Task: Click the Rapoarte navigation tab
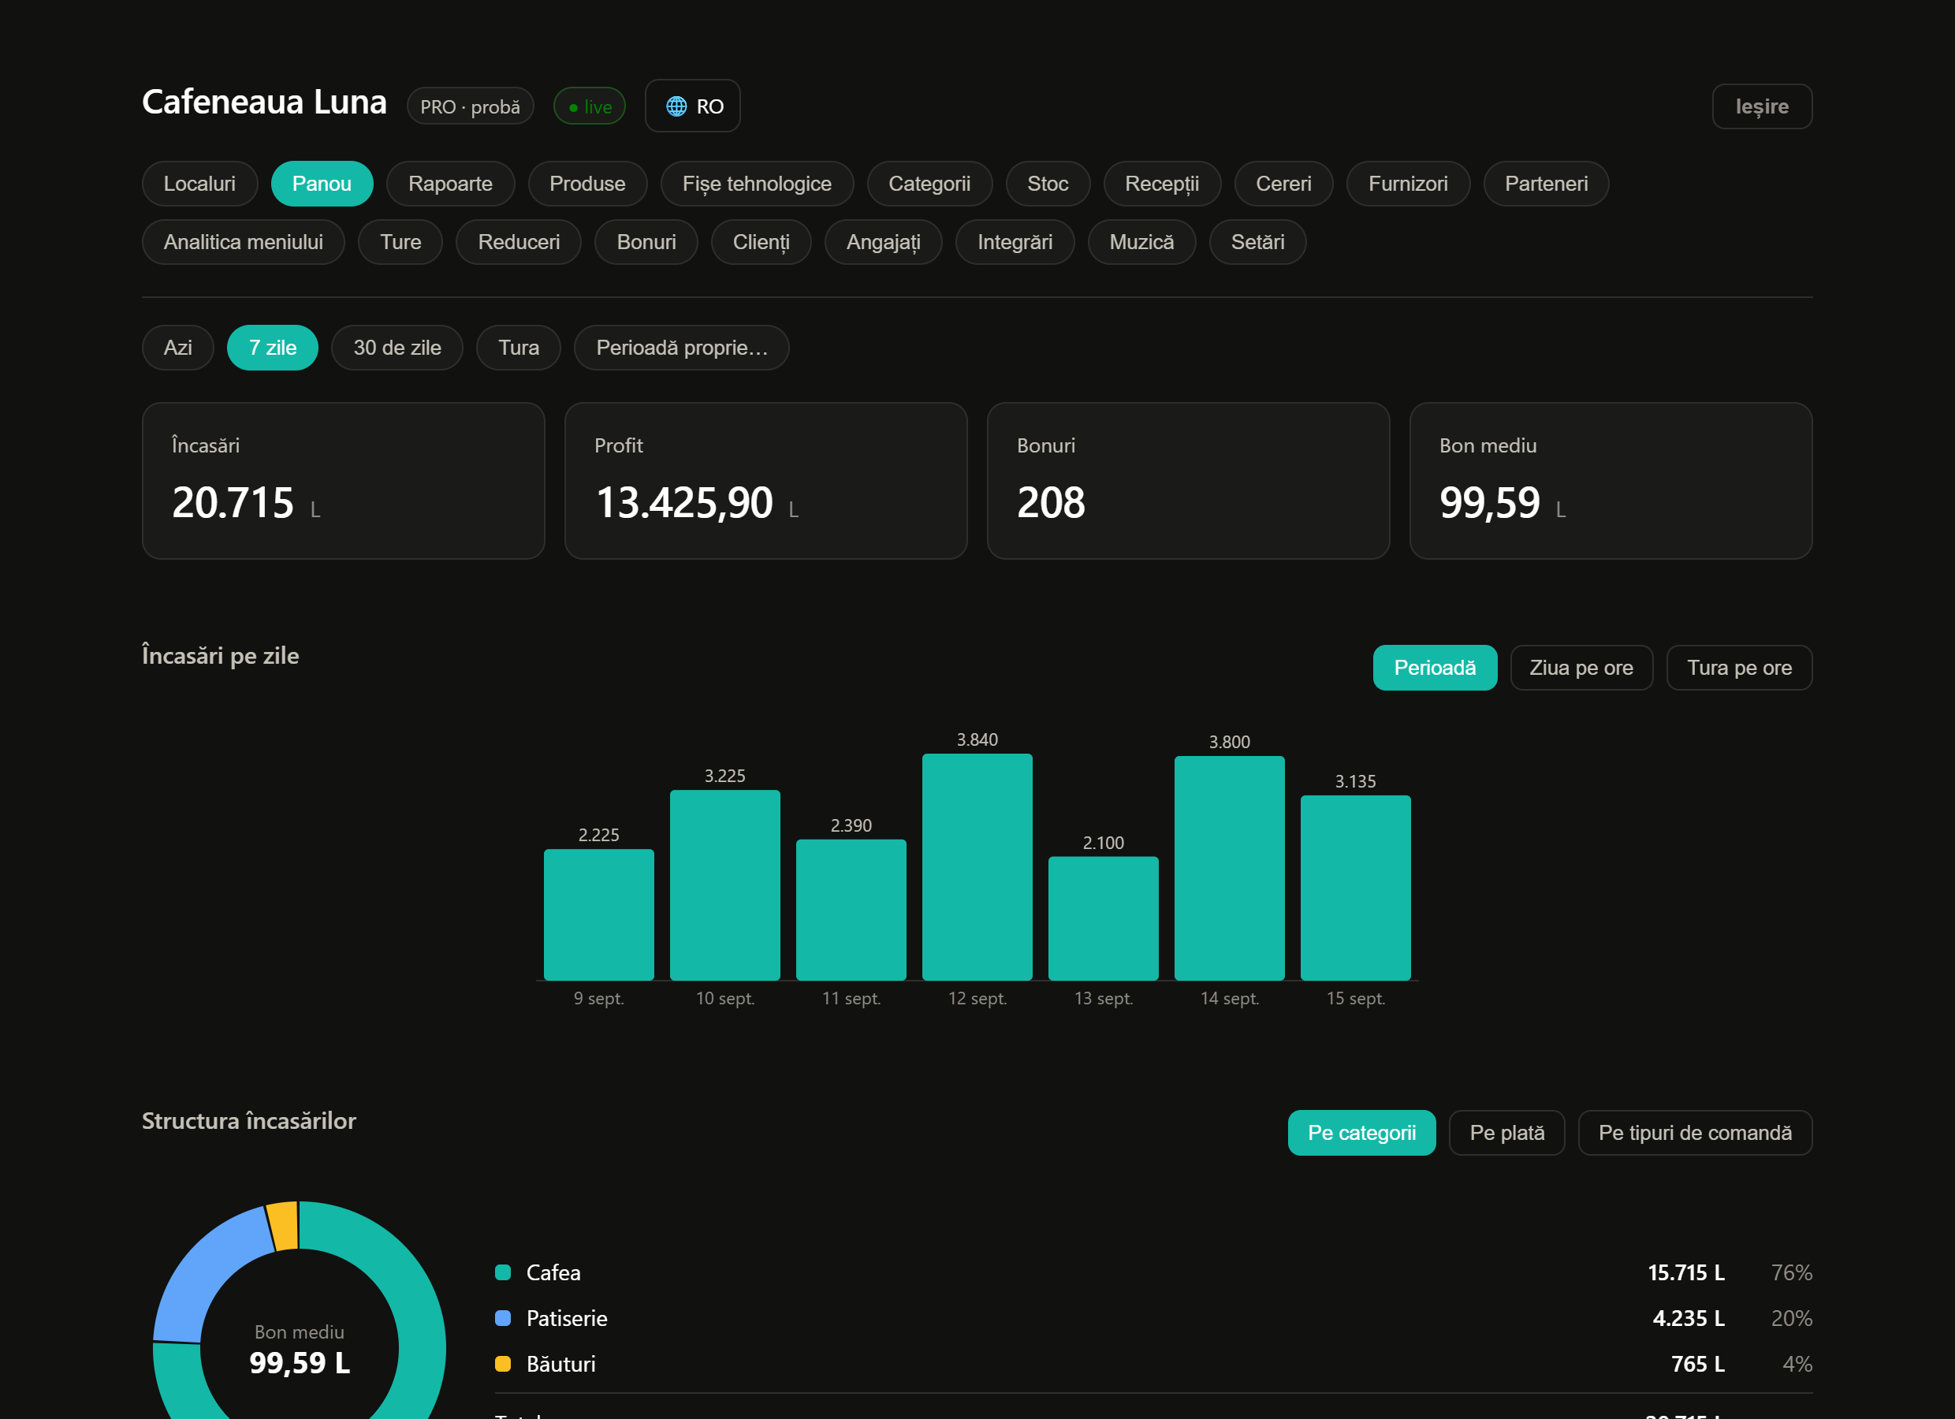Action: coord(450,184)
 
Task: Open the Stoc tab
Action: coord(1048,184)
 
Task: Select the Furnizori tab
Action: coord(1408,184)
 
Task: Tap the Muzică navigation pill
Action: coord(1141,242)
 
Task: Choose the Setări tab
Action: coord(1257,242)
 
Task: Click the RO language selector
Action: coord(693,106)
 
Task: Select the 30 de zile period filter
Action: coord(397,348)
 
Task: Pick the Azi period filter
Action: coord(177,348)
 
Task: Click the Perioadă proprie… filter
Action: coord(682,348)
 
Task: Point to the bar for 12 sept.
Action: coord(977,866)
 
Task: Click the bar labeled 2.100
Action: coord(1103,918)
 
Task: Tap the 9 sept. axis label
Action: coord(598,998)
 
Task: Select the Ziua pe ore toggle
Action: coord(1581,669)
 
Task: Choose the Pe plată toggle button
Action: coord(1506,1133)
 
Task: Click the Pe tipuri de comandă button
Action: coord(1695,1133)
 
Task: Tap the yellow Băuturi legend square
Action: coord(502,1364)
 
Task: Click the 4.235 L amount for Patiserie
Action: coord(1688,1318)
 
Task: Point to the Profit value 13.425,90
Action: coord(684,503)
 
